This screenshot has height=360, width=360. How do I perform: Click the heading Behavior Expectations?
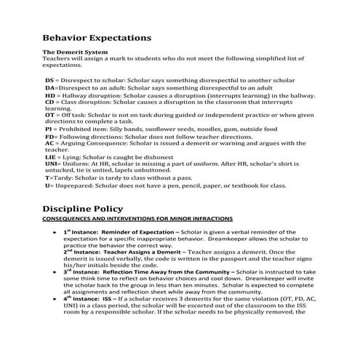tap(97, 37)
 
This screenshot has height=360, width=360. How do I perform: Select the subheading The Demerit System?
tap(76, 52)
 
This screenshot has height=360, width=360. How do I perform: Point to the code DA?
tap(49, 87)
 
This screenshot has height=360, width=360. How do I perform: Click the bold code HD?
tap(49, 95)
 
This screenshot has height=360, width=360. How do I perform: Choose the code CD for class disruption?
tap(49, 102)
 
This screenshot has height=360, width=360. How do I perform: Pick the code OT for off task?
tap(49, 115)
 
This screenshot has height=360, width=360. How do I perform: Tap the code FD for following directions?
tap(49, 137)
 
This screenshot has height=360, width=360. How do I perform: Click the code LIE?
tap(51, 156)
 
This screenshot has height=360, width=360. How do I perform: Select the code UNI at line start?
tap(52, 164)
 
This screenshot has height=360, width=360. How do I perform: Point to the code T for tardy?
tap(47, 177)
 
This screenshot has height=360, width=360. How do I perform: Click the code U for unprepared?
tap(48, 185)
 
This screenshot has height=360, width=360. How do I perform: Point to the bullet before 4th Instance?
tap(56, 298)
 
